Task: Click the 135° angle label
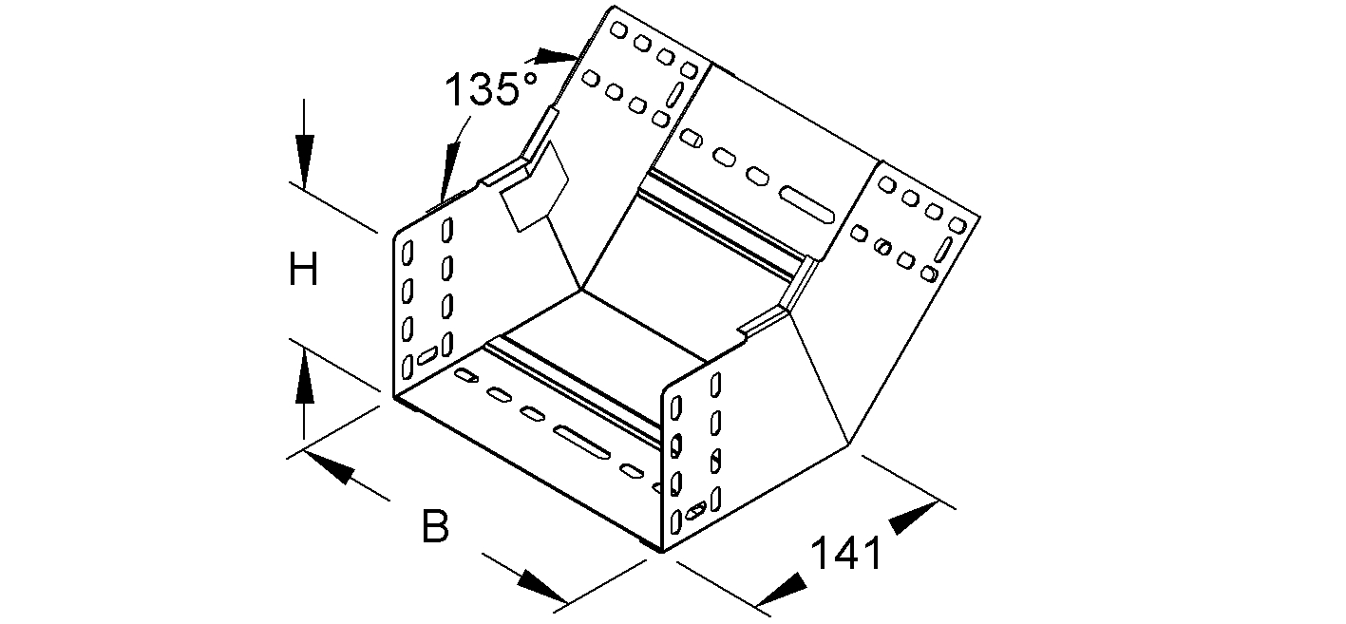[492, 90]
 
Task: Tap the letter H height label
[303, 273]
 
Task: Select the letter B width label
[434, 527]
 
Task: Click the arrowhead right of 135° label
[557, 55]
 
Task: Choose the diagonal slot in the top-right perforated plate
[946, 251]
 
